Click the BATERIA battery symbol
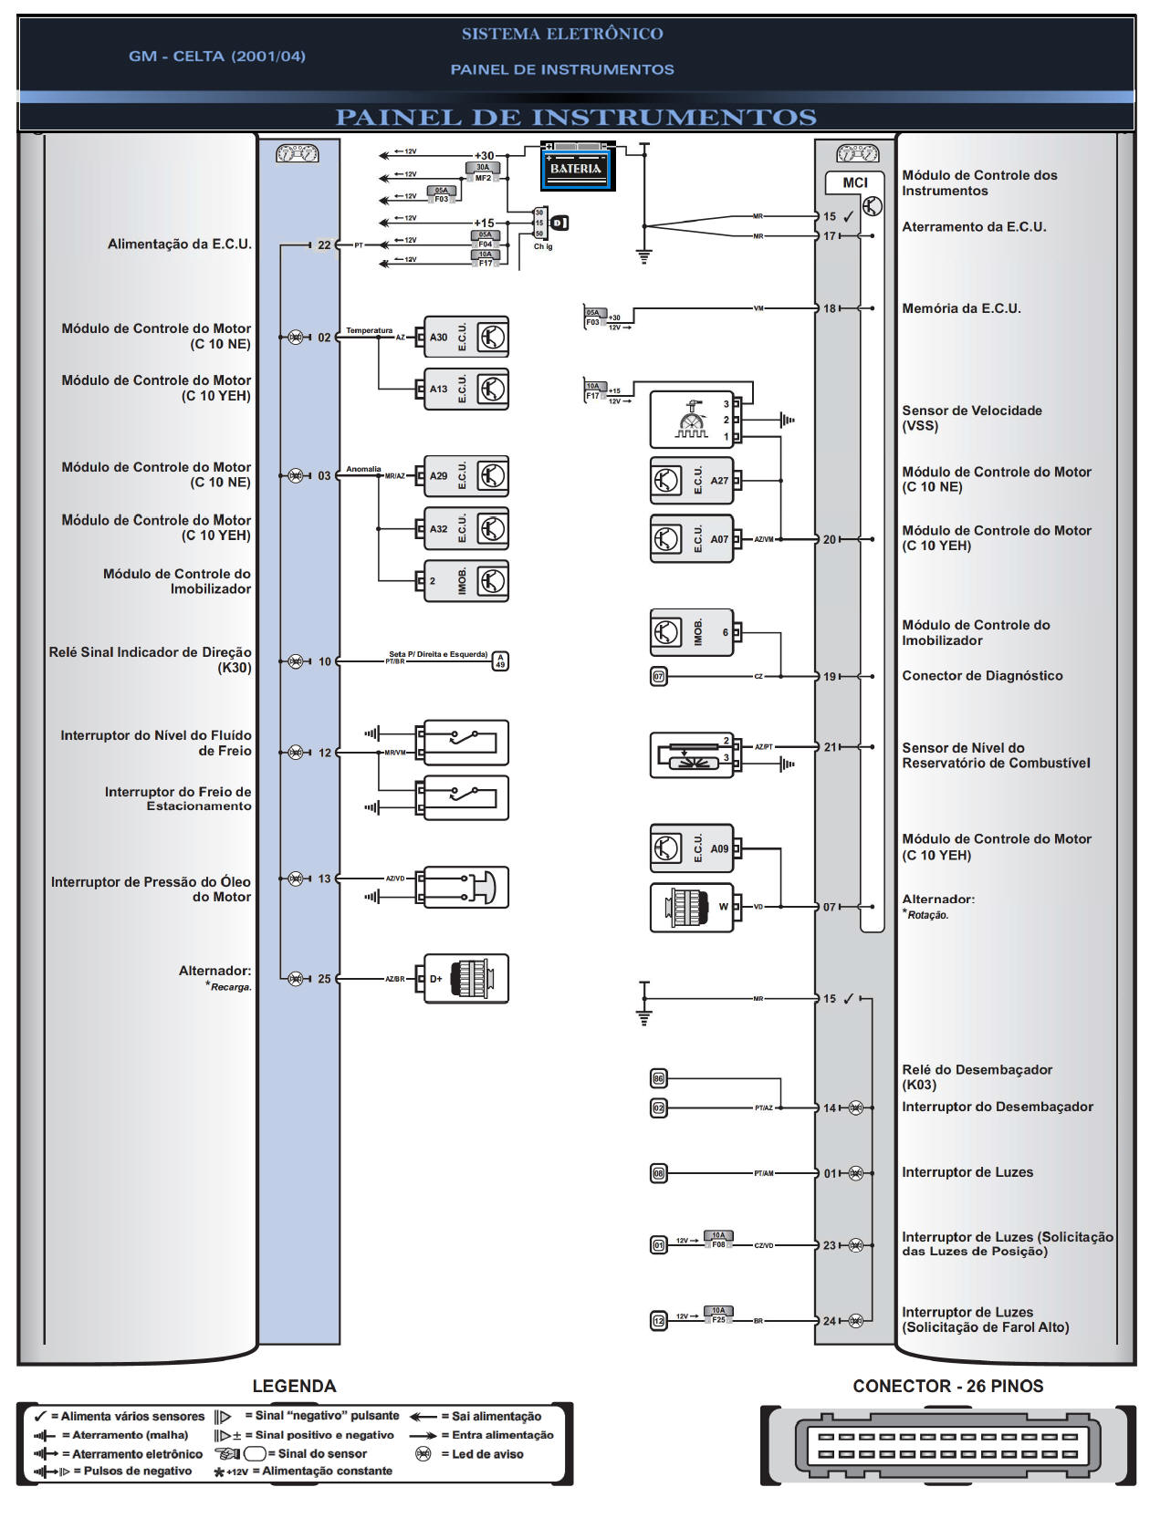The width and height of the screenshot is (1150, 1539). pyautogui.click(x=578, y=167)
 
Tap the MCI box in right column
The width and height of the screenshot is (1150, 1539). pyautogui.click(x=854, y=182)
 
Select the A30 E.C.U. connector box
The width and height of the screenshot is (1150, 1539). pyautogui.click(x=465, y=338)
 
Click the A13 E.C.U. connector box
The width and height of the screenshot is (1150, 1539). pyautogui.click(x=465, y=390)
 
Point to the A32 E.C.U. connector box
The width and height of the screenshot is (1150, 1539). pyautogui.click(x=465, y=529)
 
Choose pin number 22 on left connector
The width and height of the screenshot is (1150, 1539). pyautogui.click(x=324, y=244)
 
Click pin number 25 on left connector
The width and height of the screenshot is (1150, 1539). pyautogui.click(x=324, y=979)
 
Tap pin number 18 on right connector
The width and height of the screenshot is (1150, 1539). pyautogui.click(x=829, y=308)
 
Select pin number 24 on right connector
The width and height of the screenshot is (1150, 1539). pyautogui.click(x=829, y=1321)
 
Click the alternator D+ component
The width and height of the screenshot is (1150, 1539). pyautogui.click(x=465, y=979)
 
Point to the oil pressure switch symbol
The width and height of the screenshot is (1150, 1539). pyautogui.click(x=465, y=888)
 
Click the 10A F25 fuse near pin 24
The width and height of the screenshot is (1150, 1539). pyautogui.click(x=718, y=1315)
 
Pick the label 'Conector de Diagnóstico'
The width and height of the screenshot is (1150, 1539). pyautogui.click(x=982, y=676)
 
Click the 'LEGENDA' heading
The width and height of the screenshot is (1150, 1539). pyautogui.click(x=294, y=1386)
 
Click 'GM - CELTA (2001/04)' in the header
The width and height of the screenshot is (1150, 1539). pyautogui.click(x=217, y=57)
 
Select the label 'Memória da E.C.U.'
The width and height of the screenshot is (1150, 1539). pyautogui.click(x=961, y=308)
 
